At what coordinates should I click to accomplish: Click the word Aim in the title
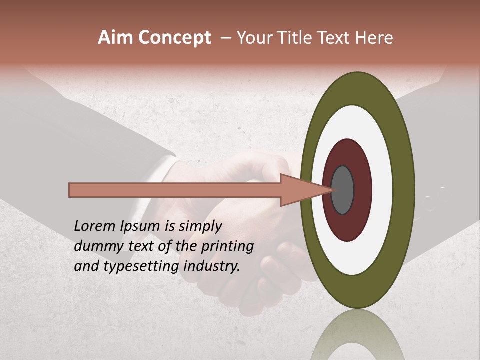116,38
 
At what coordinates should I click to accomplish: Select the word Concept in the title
174,38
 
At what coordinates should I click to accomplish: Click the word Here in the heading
374,38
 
